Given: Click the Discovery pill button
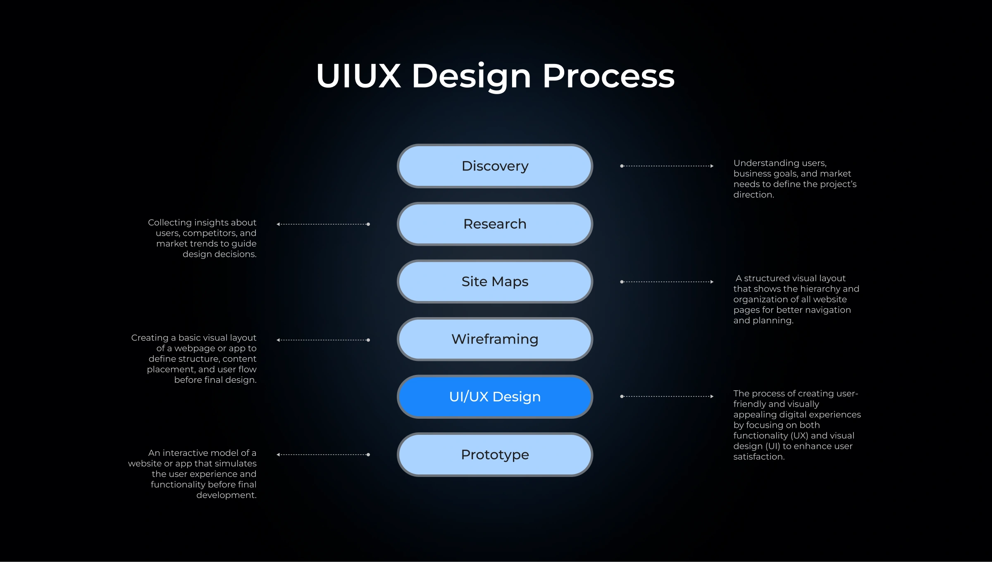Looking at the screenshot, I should click(x=495, y=166).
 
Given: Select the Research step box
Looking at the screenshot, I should click(x=495, y=224).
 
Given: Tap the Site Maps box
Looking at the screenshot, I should click(x=495, y=282).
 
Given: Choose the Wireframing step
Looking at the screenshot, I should click(x=495, y=339).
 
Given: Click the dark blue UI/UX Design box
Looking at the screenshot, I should click(x=495, y=396).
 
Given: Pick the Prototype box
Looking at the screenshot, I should click(x=495, y=455).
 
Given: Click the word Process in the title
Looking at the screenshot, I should click(x=608, y=76).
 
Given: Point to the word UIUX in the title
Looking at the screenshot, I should click(x=358, y=76).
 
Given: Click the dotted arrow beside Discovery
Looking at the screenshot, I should click(x=667, y=166).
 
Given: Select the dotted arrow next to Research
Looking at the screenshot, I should click(x=323, y=224).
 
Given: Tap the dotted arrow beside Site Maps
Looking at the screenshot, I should click(x=667, y=282).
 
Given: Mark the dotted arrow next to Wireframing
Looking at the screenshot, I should click(x=323, y=340).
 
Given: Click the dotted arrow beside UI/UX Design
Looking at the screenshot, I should click(x=667, y=396).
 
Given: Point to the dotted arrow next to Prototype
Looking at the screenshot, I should click(x=323, y=455).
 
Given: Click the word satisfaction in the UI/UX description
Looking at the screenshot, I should click(x=758, y=457).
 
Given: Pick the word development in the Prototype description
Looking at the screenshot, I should click(x=226, y=495).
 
